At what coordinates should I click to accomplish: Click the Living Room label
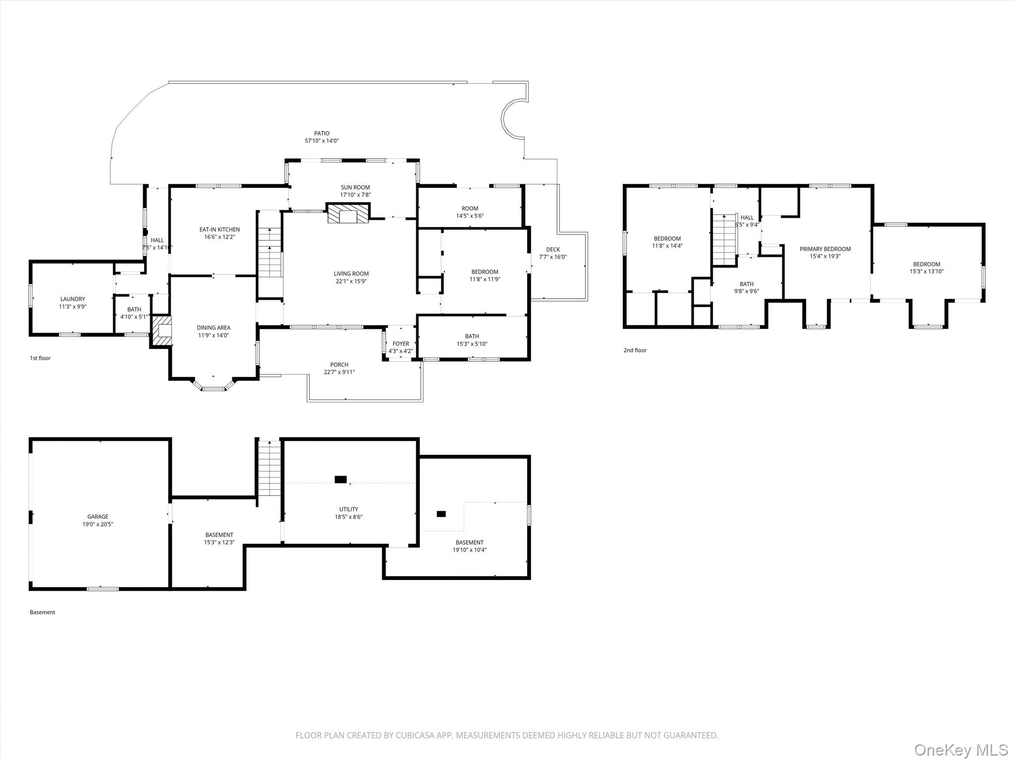(x=351, y=273)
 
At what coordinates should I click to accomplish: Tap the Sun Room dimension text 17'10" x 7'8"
(x=355, y=195)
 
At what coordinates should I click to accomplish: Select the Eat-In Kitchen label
(x=219, y=229)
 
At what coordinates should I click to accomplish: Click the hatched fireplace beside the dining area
(x=161, y=331)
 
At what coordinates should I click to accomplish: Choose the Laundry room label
(x=72, y=299)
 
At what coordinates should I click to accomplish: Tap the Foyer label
(x=401, y=344)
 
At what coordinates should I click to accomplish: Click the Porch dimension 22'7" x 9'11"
(x=339, y=372)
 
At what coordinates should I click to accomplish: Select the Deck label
(x=553, y=250)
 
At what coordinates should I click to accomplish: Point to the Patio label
(x=322, y=133)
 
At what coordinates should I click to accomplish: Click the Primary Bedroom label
(x=825, y=249)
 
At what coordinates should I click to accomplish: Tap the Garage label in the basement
(x=98, y=517)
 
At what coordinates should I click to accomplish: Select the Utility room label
(x=349, y=509)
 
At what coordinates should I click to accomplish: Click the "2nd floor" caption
(x=635, y=350)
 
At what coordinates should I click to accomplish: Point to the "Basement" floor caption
(x=42, y=612)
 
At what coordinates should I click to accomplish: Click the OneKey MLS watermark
(x=961, y=749)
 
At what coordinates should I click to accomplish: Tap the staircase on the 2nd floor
(x=724, y=239)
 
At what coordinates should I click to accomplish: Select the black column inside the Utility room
(x=341, y=479)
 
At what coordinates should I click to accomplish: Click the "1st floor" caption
(x=40, y=358)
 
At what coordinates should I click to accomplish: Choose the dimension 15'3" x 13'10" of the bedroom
(x=926, y=272)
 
